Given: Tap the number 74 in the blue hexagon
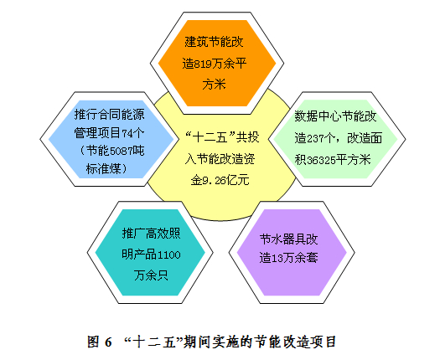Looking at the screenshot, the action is tap(127, 132).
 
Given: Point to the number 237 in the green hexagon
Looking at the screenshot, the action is tap(315, 138).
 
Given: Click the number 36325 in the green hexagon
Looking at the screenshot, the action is tap(321, 160).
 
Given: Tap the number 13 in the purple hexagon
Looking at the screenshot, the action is tap(277, 258).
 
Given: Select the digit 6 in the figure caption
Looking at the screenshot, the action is tap(108, 342).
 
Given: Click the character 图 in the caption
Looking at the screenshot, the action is tap(93, 342).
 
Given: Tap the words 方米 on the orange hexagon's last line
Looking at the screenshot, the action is tap(214, 85).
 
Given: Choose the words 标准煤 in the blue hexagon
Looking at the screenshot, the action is tap(104, 169).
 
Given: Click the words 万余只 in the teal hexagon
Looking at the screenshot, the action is tap(151, 275).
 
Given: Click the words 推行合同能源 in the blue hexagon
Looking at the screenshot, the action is tap(110, 115).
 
